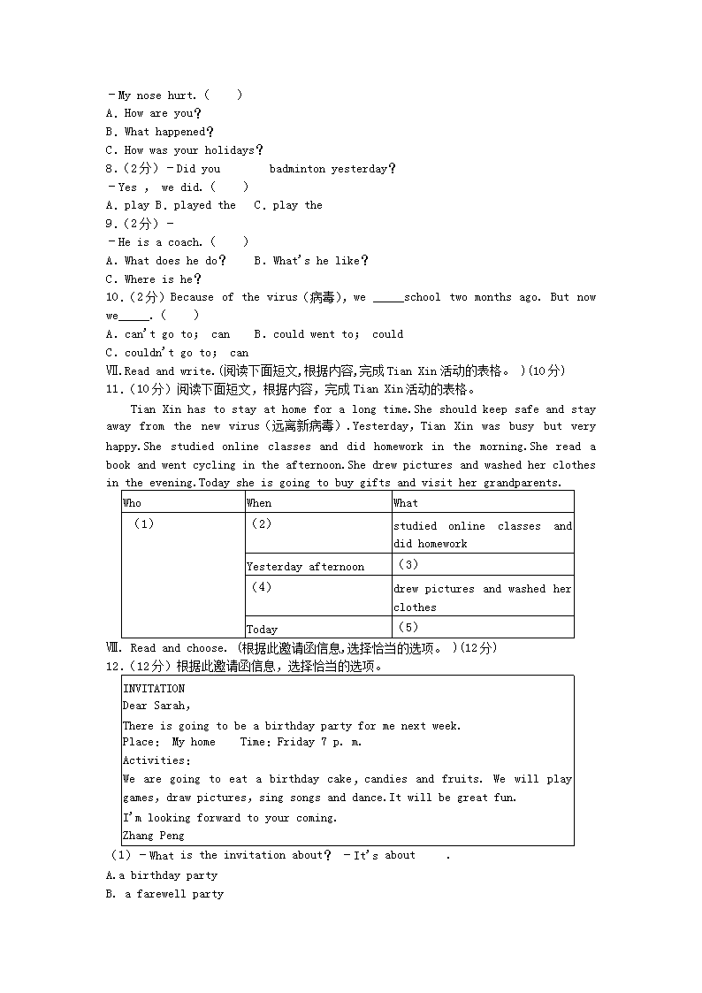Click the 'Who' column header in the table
[132, 503]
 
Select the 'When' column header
[259, 503]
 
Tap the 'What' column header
[406, 503]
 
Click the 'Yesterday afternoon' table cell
[305, 567]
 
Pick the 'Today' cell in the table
[262, 630]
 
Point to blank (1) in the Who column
[143, 523]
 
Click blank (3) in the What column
[408, 564]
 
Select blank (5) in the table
[408, 627]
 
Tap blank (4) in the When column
[261, 587]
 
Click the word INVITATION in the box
[154, 689]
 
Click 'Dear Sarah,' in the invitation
[156, 706]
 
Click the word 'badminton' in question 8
[297, 169]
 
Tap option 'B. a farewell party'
[164, 894]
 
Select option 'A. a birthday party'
[162, 875]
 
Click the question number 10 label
[116, 298]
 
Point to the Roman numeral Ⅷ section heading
[111, 648]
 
